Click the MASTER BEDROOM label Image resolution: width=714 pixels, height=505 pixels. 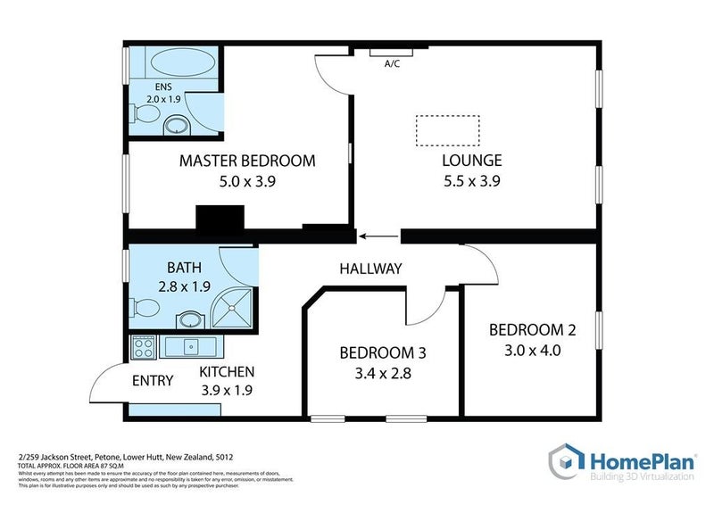247,161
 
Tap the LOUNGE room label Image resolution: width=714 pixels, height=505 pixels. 472,161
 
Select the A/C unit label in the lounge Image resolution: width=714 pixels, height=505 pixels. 391,63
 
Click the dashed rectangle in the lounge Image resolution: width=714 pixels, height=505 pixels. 448,131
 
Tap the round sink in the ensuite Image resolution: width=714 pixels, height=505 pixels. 178,124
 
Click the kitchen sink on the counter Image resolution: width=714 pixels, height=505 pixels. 190,345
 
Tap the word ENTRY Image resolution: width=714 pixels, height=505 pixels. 153,381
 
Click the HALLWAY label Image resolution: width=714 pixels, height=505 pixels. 370,269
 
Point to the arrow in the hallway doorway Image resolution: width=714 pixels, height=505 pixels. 378,236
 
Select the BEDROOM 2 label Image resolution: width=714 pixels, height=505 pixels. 532,329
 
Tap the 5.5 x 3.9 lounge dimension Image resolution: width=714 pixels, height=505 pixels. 472,181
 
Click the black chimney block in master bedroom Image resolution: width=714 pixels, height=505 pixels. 220,219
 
